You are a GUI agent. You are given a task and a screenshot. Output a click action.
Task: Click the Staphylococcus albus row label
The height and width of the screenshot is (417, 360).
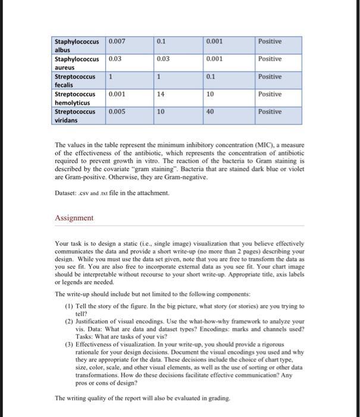tap(77, 45)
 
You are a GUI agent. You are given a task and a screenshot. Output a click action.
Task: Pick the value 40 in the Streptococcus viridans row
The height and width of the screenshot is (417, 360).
tap(211, 111)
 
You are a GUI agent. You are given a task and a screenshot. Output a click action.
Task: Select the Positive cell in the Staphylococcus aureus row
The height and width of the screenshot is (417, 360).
tap(271, 59)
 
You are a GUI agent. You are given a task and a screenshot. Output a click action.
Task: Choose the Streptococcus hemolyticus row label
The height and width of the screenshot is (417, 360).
tap(76, 98)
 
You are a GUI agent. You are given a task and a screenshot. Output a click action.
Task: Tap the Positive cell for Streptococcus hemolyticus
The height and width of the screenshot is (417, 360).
tap(271, 94)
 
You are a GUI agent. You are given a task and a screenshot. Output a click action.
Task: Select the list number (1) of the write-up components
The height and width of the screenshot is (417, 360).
tap(69, 306)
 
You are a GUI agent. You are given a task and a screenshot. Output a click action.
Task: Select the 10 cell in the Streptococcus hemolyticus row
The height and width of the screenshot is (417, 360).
tap(211, 94)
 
